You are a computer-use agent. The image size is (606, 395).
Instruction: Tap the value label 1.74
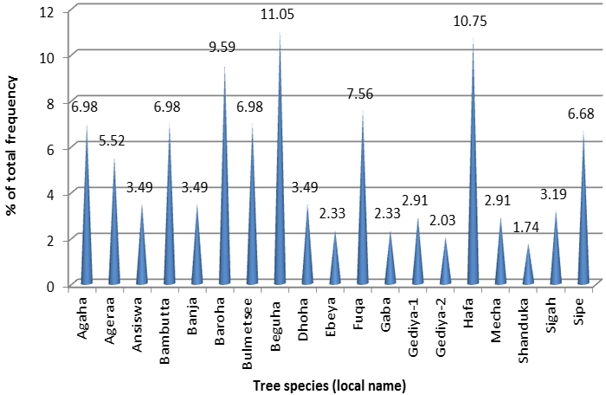tap(527, 227)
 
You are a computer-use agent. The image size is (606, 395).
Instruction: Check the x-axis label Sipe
tap(585, 311)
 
